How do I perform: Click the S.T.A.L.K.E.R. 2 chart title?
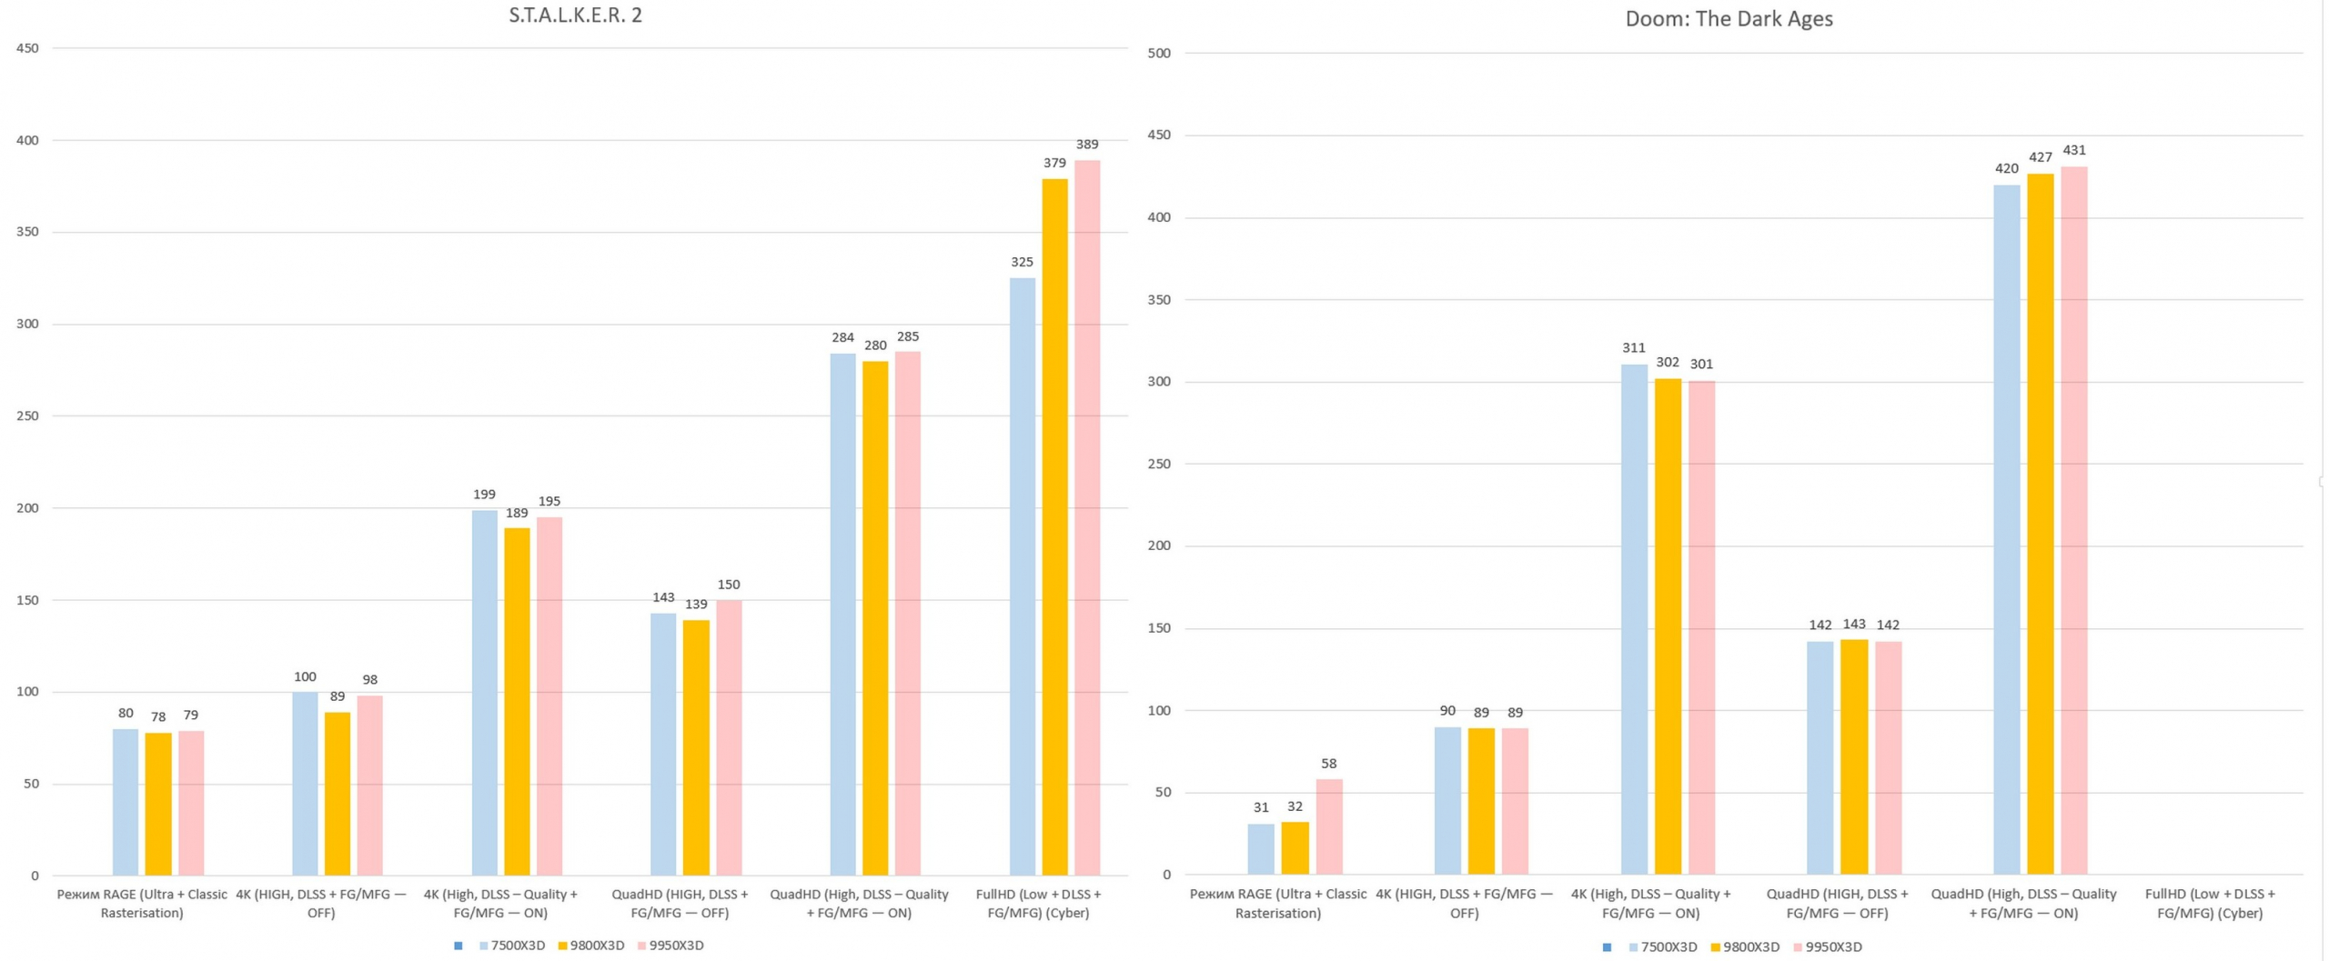(575, 15)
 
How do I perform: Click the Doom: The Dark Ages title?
(1729, 19)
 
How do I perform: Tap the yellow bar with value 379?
(1054, 527)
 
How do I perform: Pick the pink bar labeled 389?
(1087, 518)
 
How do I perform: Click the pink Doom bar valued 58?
(1328, 826)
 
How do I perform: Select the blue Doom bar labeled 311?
(1634, 619)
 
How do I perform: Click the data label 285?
(907, 337)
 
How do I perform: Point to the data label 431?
(2073, 151)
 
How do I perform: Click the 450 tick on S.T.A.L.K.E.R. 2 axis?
(28, 48)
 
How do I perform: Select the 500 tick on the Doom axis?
(1159, 54)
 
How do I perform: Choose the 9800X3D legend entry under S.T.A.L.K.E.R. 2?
(591, 946)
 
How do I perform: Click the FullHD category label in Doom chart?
(2209, 904)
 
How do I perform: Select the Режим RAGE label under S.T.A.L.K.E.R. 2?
(142, 904)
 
